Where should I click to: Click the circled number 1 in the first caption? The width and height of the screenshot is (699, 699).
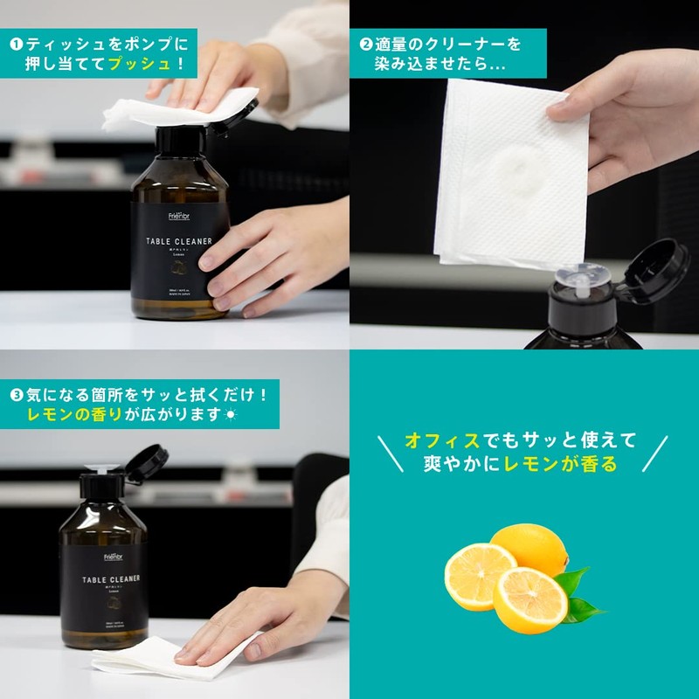coord(15,42)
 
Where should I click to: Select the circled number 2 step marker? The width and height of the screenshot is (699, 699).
coord(366,42)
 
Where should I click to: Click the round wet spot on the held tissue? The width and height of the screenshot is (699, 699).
coord(516,166)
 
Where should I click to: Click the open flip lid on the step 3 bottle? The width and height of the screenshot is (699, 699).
coord(146,462)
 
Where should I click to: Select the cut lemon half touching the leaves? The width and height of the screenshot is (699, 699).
coord(529,600)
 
